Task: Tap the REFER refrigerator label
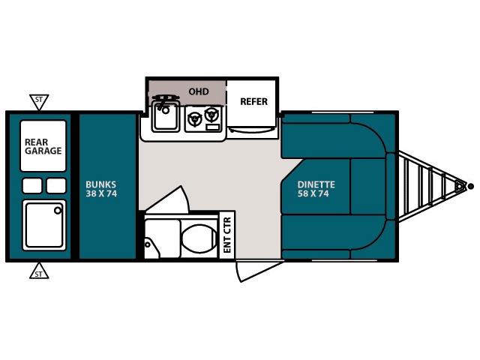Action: pos(253,101)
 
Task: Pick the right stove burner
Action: pos(212,115)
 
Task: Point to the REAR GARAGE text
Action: pos(43,145)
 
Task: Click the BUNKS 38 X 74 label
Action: pos(101,188)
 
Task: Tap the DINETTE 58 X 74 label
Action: pos(315,188)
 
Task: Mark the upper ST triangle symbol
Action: pos(38,100)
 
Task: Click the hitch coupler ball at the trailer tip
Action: pos(470,186)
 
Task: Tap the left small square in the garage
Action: pos(32,185)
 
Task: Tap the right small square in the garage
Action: pos(56,185)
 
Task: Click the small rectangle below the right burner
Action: pos(212,128)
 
